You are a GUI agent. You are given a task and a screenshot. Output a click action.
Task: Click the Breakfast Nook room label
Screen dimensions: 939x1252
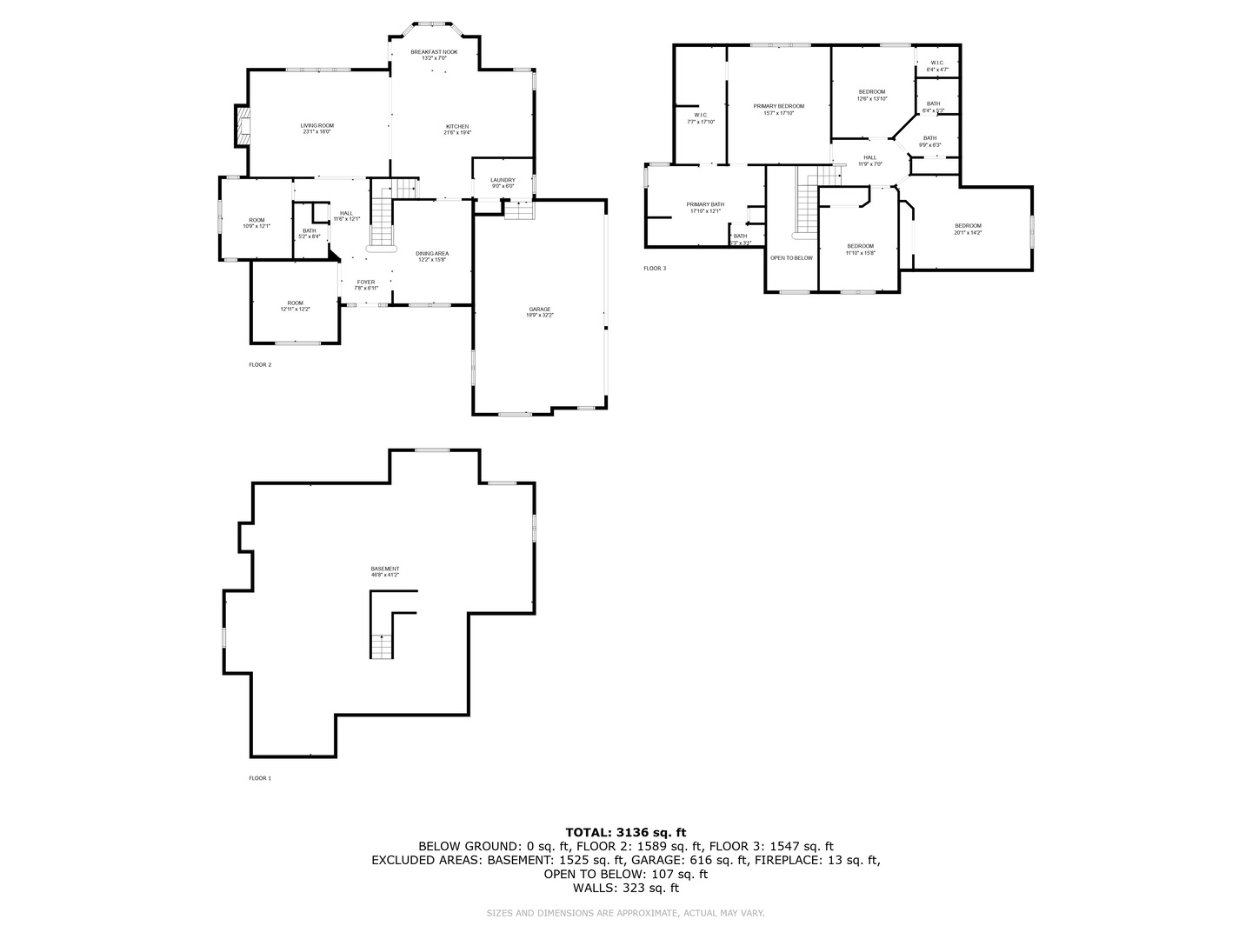[434, 55]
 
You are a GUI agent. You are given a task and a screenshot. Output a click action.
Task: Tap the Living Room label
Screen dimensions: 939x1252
[317, 129]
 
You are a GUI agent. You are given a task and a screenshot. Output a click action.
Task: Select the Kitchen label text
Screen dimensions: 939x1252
[457, 130]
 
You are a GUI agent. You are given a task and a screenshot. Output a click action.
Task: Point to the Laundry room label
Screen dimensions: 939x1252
[503, 183]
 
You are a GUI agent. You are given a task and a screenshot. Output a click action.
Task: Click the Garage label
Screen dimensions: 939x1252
[539, 312]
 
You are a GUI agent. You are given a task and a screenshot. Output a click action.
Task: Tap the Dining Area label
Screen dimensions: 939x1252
[432, 256]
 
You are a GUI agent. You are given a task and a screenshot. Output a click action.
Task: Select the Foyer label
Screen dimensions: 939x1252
[366, 284]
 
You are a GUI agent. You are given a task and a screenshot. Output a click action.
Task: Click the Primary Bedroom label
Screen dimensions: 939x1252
[778, 109]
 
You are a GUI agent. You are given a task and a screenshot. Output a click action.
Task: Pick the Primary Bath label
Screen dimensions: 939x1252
[705, 207]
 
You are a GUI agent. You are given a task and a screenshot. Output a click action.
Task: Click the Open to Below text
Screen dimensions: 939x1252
[791, 257]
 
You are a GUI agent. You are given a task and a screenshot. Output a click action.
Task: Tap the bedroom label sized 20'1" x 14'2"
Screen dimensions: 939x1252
[968, 229]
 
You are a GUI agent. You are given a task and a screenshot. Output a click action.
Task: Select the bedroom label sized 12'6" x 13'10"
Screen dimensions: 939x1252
[872, 95]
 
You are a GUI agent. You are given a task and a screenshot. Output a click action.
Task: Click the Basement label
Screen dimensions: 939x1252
[385, 571]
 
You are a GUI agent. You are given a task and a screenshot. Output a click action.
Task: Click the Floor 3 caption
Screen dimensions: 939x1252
[655, 268]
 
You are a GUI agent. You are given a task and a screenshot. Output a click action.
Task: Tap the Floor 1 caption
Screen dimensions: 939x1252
[260, 778]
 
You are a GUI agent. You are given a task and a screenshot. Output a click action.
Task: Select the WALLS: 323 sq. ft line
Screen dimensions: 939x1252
[626, 888]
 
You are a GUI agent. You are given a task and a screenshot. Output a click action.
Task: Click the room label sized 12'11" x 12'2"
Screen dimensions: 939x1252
[296, 306]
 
